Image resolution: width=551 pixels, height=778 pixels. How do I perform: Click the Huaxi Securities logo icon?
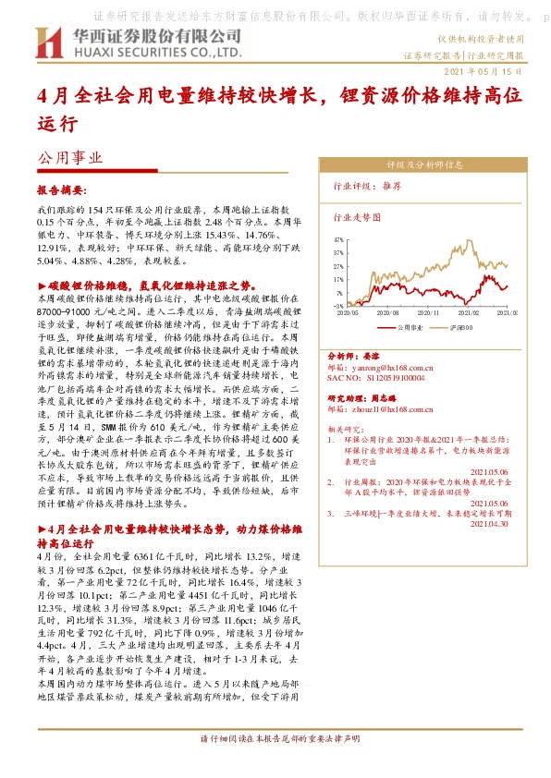pyautogui.click(x=47, y=43)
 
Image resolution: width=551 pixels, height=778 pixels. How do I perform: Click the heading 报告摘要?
pyautogui.click(x=61, y=188)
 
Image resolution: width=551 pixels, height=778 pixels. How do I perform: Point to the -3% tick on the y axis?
pyautogui.click(x=338, y=306)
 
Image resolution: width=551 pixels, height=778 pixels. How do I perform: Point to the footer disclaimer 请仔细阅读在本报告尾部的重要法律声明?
pyautogui.click(x=275, y=765)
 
